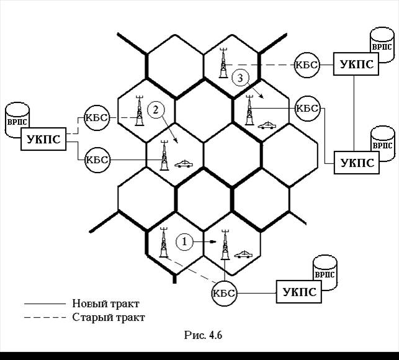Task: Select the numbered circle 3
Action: (241, 78)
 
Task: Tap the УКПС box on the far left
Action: (44, 140)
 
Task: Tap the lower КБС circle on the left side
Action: (96, 160)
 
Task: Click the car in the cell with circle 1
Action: (243, 254)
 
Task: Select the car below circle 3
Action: (268, 125)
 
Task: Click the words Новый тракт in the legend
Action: (106, 304)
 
